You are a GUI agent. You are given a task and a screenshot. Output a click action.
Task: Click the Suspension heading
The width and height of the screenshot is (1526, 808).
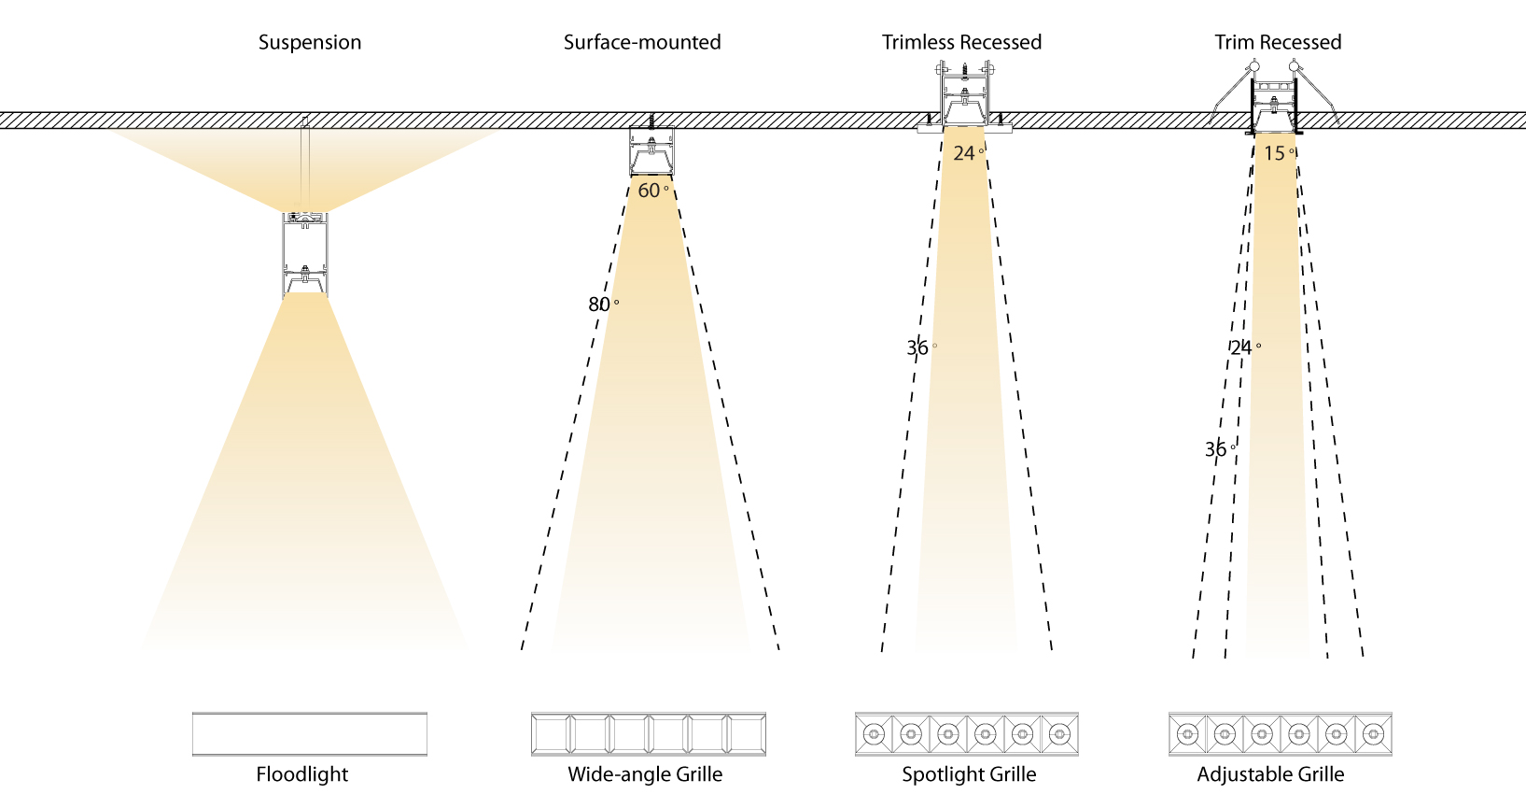pyautogui.click(x=310, y=42)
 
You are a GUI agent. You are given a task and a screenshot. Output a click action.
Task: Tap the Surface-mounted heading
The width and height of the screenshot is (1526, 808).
pyautogui.click(x=642, y=42)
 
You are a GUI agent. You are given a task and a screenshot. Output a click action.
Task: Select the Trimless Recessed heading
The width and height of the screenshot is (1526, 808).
pyautogui.click(x=961, y=42)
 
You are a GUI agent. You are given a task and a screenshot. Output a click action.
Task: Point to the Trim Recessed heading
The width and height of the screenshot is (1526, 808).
pyautogui.click(x=1278, y=42)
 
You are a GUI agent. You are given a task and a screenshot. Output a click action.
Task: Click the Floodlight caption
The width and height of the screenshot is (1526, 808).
pyautogui.click(x=302, y=774)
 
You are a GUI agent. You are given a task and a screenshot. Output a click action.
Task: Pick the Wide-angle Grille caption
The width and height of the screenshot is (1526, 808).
pyautogui.click(x=645, y=774)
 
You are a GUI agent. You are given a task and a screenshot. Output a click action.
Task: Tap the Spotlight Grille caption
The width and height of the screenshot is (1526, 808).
pyautogui.click(x=969, y=774)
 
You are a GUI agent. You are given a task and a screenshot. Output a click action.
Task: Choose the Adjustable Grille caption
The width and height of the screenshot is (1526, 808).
pyautogui.click(x=1270, y=774)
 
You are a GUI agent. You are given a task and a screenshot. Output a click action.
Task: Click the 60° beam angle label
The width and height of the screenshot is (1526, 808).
pyautogui.click(x=652, y=191)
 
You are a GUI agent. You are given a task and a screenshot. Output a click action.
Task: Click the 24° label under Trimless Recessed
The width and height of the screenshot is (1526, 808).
pyautogui.click(x=968, y=153)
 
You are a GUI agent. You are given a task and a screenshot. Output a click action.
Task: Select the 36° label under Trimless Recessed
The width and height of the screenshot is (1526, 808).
pyautogui.click(x=921, y=348)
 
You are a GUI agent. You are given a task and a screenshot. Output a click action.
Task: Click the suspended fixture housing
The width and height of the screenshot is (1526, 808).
pyautogui.click(x=305, y=254)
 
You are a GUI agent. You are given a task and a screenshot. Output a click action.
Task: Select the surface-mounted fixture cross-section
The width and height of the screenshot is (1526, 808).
pyautogui.click(x=651, y=151)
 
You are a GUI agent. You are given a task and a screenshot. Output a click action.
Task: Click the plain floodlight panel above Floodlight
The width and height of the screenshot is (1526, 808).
pyautogui.click(x=310, y=734)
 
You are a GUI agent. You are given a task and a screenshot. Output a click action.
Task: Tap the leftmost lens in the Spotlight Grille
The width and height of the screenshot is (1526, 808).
pyautogui.click(x=875, y=734)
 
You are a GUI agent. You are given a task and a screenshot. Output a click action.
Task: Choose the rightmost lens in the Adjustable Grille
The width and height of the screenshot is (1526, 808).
pyautogui.click(x=1372, y=734)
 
